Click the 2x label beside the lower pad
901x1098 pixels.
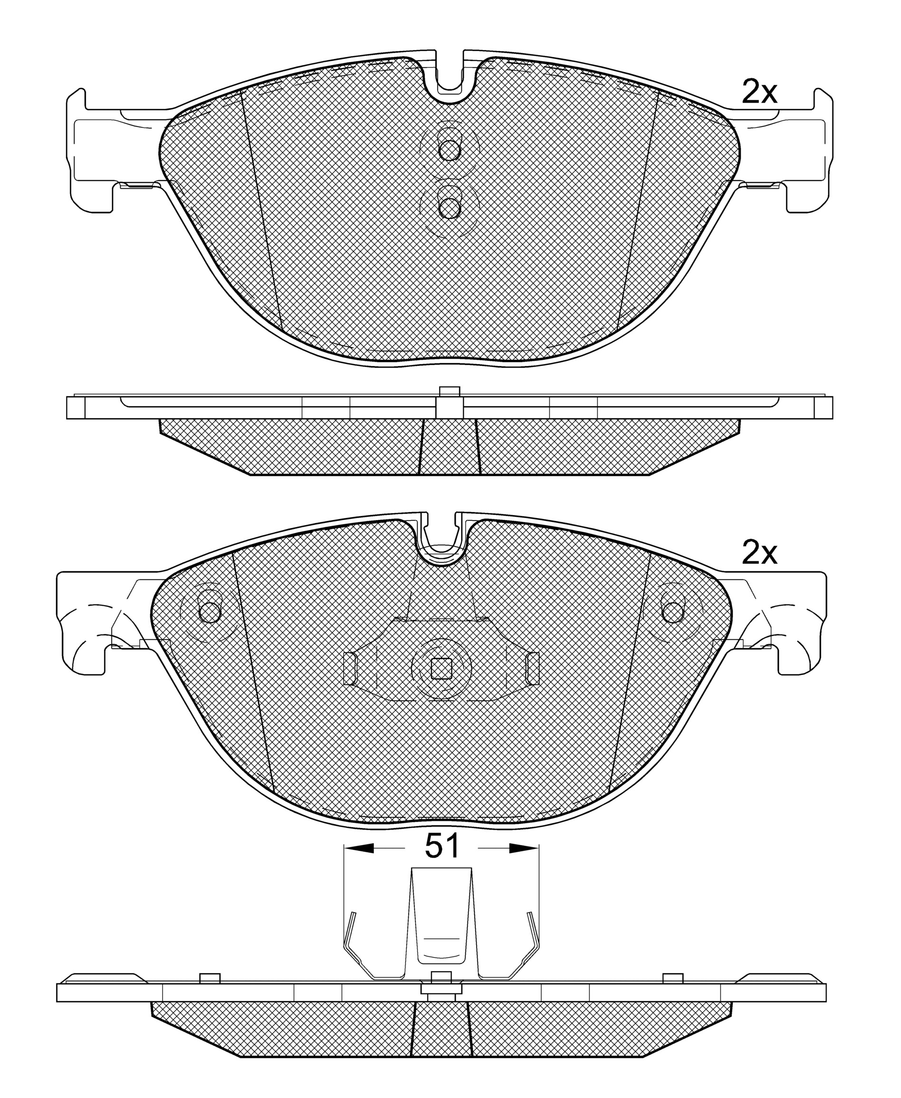coord(759,554)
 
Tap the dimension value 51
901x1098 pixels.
coord(441,847)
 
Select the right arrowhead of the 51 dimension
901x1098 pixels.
coord(524,848)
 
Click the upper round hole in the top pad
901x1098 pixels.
coord(449,150)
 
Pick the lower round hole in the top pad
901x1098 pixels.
coord(449,208)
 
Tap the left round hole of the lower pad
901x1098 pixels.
coord(210,613)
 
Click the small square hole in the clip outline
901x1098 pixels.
coord(441,669)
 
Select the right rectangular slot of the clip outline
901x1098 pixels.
coord(533,668)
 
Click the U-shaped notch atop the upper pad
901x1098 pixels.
coord(449,78)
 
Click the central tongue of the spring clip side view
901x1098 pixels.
coord(441,929)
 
